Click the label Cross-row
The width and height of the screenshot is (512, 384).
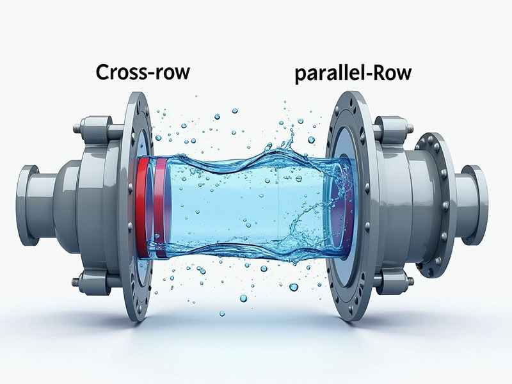(x=143, y=72)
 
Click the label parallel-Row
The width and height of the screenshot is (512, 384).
(x=353, y=74)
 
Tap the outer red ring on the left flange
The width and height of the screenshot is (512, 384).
(x=141, y=207)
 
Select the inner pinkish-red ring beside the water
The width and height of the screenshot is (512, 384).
(x=159, y=207)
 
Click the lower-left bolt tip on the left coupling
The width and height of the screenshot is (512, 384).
(x=76, y=281)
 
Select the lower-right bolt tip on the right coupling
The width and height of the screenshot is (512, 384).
(x=410, y=281)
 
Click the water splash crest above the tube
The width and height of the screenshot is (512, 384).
(x=287, y=141)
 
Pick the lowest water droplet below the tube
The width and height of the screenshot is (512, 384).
(x=222, y=314)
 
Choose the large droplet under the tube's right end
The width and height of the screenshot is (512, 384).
(x=294, y=287)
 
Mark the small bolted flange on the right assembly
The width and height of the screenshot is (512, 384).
(x=435, y=205)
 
